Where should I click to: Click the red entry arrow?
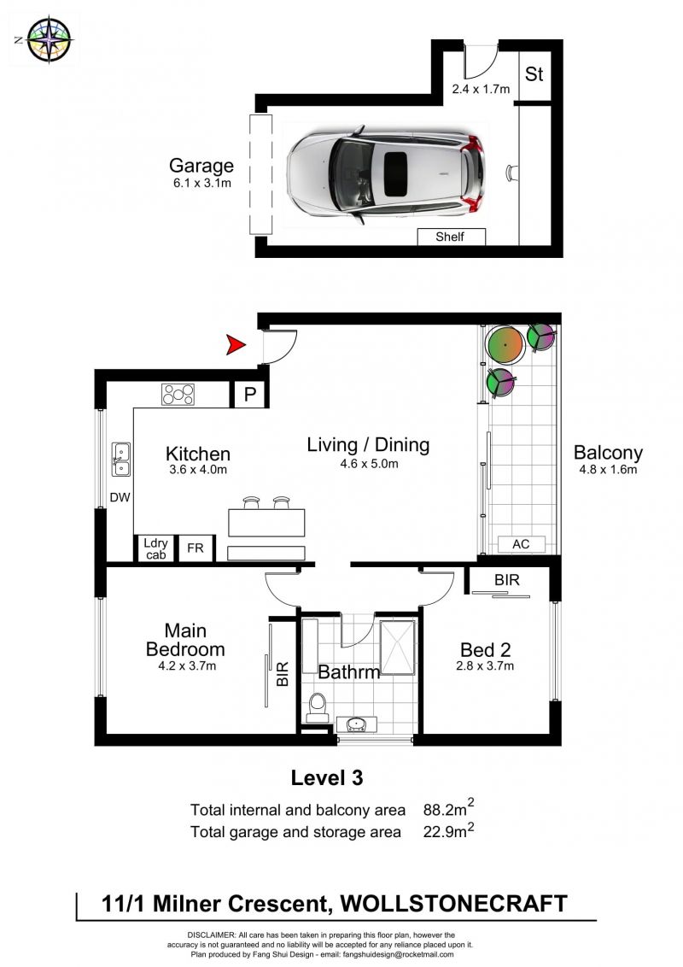(x=236, y=345)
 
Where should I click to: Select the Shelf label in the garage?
(x=450, y=237)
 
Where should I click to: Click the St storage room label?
(x=534, y=74)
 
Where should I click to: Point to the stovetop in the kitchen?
(x=178, y=394)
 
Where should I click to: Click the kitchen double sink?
(x=121, y=460)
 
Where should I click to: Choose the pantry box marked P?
(x=249, y=394)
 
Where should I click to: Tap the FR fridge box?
(x=196, y=548)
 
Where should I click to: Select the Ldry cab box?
(x=156, y=548)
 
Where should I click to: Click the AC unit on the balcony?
(x=521, y=544)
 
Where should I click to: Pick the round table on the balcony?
(x=505, y=345)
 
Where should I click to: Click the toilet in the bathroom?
(x=318, y=707)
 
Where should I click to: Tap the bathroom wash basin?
(x=358, y=724)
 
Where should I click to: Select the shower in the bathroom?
(x=398, y=646)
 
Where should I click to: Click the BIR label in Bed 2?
(x=507, y=580)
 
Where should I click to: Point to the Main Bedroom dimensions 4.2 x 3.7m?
(x=187, y=666)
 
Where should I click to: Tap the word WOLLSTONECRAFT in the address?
(x=453, y=904)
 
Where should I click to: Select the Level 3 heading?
(x=327, y=777)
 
